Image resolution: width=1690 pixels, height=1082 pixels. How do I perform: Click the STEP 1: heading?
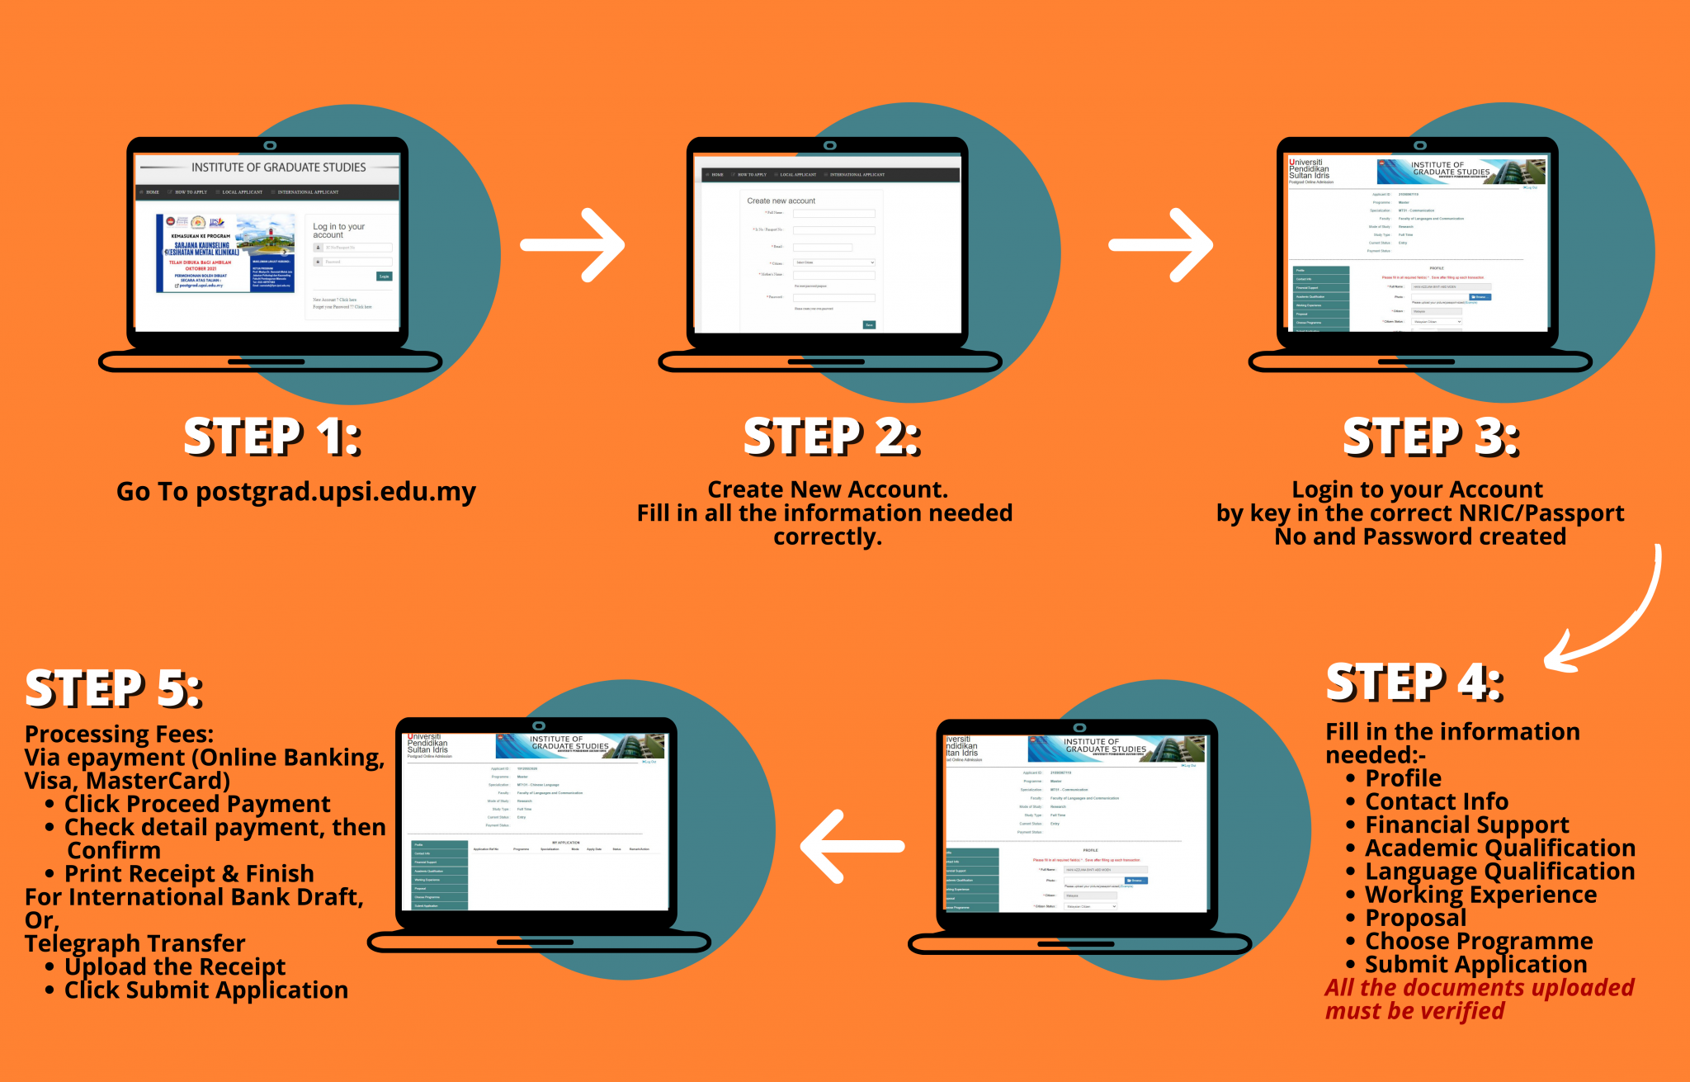(272, 437)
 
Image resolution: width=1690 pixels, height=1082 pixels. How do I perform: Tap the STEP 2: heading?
(832, 437)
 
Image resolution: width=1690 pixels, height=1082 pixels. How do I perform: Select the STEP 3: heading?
(1431, 437)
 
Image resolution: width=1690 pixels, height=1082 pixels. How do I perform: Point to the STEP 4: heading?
(1414, 683)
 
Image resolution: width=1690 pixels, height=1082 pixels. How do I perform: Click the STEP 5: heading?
(114, 688)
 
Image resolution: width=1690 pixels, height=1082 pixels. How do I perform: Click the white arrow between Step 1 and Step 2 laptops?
(573, 245)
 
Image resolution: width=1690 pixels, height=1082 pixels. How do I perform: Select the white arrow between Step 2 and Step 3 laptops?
(1160, 245)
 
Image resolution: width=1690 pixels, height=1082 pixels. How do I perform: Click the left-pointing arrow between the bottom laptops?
(852, 846)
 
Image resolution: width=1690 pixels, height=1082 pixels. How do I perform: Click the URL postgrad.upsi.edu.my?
(335, 492)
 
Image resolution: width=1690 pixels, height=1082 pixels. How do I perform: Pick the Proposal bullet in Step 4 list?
(1415, 918)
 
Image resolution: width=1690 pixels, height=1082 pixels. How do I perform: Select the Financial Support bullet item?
(1466, 824)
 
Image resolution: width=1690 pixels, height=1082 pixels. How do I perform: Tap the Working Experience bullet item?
(1480, 895)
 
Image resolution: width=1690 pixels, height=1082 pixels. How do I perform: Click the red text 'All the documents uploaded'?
(1480, 988)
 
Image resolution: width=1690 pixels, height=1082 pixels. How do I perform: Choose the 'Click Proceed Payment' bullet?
(197, 804)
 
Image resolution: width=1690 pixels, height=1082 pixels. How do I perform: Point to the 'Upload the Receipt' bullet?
(175, 966)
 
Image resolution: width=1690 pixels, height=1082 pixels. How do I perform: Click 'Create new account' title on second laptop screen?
(781, 201)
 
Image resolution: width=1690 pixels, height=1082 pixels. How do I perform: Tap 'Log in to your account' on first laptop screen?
(338, 230)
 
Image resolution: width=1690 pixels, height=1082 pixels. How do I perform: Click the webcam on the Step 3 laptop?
(1419, 145)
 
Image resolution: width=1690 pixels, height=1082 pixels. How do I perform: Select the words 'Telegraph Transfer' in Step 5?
(135, 943)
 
